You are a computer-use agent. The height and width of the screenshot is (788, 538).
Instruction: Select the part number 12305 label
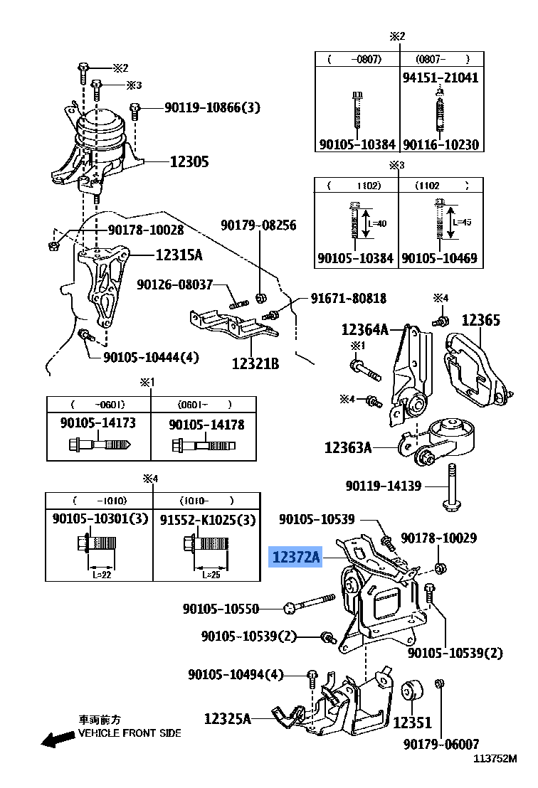click(x=189, y=161)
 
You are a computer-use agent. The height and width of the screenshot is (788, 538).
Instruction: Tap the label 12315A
click(x=179, y=255)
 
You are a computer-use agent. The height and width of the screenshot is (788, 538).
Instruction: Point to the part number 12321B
click(x=255, y=364)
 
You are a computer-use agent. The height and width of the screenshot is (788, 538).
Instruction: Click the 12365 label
click(x=481, y=321)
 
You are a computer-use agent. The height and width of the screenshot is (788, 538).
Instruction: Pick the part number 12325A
click(x=228, y=719)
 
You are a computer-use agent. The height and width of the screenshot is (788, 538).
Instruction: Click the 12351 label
click(x=412, y=723)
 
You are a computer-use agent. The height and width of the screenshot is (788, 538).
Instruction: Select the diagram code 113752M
click(x=505, y=778)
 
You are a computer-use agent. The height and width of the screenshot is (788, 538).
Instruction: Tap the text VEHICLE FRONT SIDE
click(x=130, y=733)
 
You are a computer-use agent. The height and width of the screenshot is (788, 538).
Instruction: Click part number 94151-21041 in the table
click(x=441, y=78)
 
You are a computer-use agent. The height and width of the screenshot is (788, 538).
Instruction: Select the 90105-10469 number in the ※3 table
click(x=439, y=258)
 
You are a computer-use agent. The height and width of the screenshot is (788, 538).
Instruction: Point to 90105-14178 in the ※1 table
click(x=206, y=425)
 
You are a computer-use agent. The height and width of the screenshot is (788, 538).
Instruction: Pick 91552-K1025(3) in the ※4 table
click(x=207, y=520)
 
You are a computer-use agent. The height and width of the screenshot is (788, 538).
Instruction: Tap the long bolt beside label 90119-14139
click(x=451, y=486)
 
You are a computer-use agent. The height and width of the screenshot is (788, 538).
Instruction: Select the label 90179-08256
click(x=258, y=225)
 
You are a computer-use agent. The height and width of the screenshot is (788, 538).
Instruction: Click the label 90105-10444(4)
click(x=151, y=357)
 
